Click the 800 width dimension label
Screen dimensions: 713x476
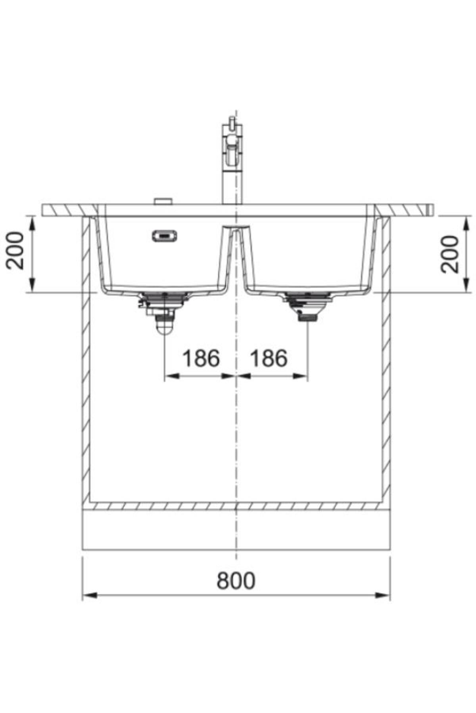(236, 581)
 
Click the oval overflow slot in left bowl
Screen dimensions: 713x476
(164, 236)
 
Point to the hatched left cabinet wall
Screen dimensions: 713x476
(86, 356)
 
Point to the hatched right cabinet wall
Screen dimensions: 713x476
(386, 356)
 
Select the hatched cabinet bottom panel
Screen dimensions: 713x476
(236, 506)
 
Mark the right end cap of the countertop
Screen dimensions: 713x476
(430, 210)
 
